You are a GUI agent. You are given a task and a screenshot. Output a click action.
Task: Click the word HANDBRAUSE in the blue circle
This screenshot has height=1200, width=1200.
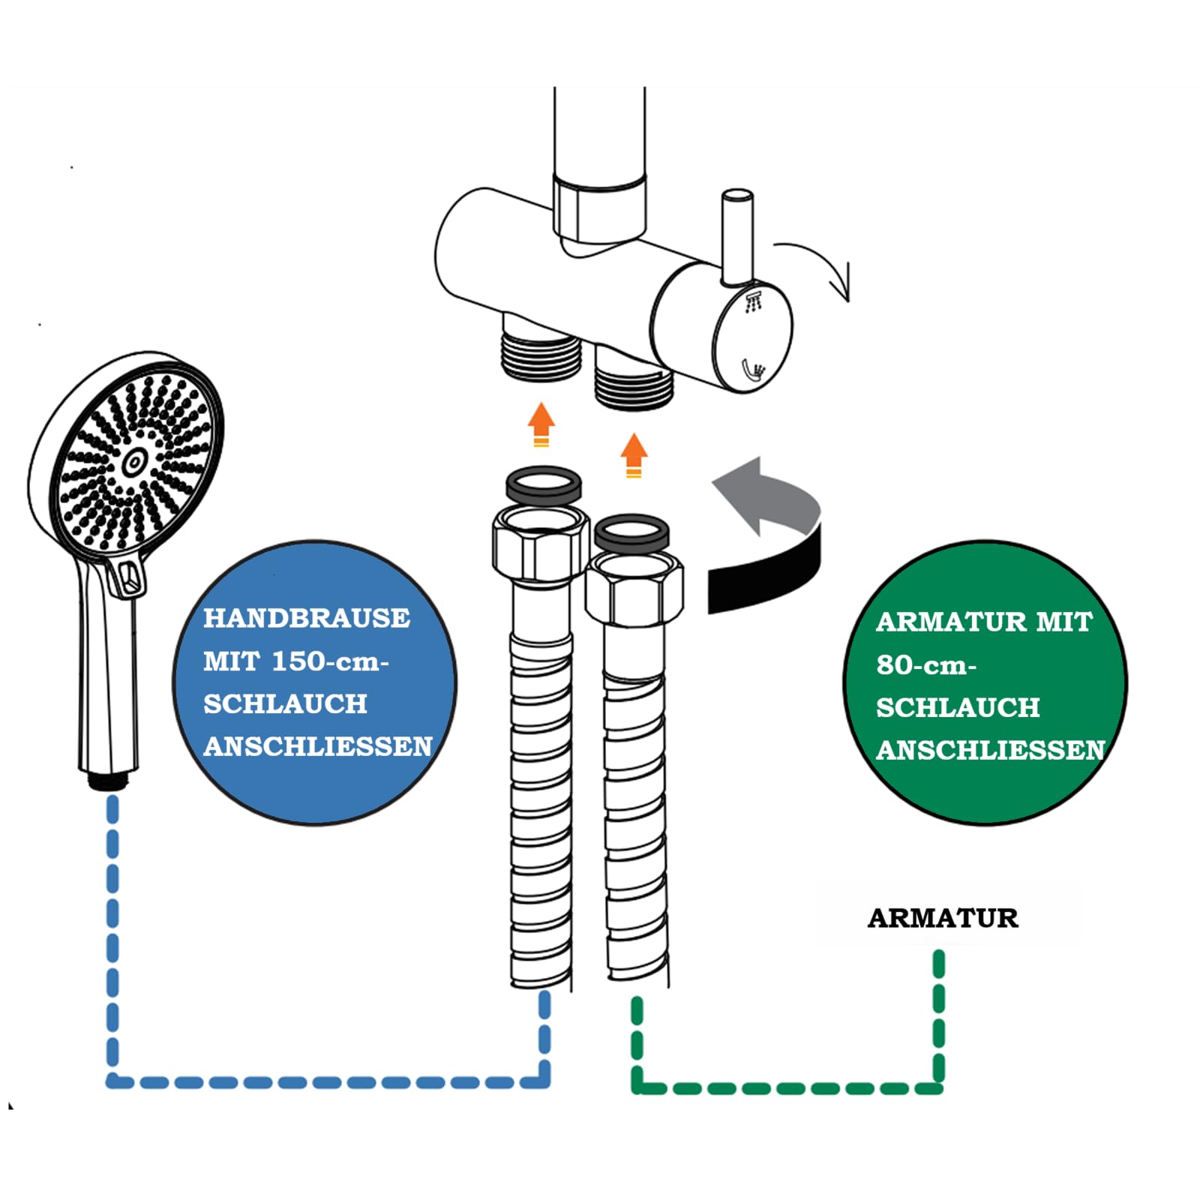(307, 618)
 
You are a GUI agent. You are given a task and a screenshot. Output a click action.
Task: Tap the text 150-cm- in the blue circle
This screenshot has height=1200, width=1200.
(330, 661)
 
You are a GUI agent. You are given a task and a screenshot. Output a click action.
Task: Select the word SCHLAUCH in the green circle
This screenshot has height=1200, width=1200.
(958, 707)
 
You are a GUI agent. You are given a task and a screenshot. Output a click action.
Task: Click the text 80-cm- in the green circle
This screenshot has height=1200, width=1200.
(926, 664)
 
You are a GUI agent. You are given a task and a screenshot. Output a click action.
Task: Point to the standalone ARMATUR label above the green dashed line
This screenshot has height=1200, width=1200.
(943, 918)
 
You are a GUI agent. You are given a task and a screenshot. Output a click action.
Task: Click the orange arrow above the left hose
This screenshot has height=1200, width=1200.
(541, 424)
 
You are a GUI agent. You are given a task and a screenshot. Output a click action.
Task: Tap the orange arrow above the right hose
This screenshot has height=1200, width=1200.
(634, 454)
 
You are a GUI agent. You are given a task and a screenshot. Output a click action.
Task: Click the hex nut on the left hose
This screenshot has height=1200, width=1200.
(540, 543)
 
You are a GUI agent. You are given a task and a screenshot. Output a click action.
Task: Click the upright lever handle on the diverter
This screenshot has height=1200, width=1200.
(736, 237)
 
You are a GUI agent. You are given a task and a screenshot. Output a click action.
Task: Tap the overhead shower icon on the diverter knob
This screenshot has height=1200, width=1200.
(754, 303)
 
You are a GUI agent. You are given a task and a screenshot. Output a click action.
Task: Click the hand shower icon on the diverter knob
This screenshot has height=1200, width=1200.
(753, 370)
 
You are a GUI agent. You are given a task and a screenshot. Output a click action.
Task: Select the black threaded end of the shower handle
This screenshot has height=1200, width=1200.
(109, 780)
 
